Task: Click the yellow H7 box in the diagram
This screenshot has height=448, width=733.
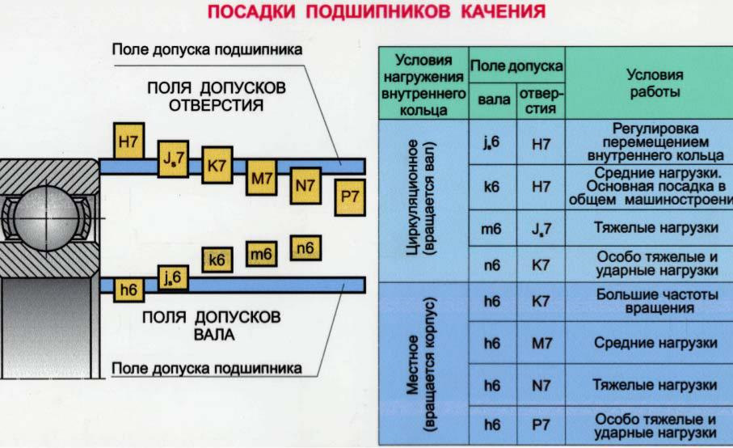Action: (128, 143)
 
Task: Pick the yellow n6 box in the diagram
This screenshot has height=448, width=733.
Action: (304, 248)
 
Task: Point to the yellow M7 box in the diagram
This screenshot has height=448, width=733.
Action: (261, 180)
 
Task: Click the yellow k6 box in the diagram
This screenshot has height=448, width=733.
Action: (217, 260)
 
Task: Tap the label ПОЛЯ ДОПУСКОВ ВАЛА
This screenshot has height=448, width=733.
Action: (212, 325)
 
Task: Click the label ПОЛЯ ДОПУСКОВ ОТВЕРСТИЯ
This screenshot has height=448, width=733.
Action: (216, 95)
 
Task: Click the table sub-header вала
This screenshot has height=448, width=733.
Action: (494, 99)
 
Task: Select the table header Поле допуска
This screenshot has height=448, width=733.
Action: (517, 63)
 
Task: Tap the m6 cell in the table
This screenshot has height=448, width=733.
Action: (491, 229)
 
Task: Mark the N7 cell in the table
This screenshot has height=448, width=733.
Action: (541, 386)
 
